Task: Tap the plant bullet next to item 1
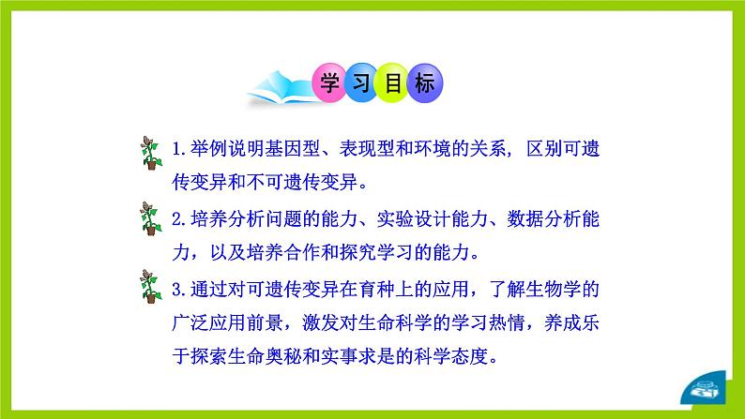[150, 154]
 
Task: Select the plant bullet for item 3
[150, 290]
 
